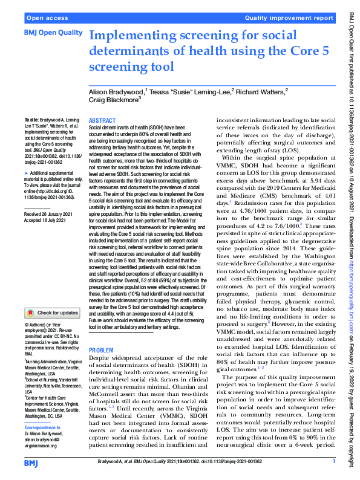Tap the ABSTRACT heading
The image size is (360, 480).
tap(102, 121)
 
